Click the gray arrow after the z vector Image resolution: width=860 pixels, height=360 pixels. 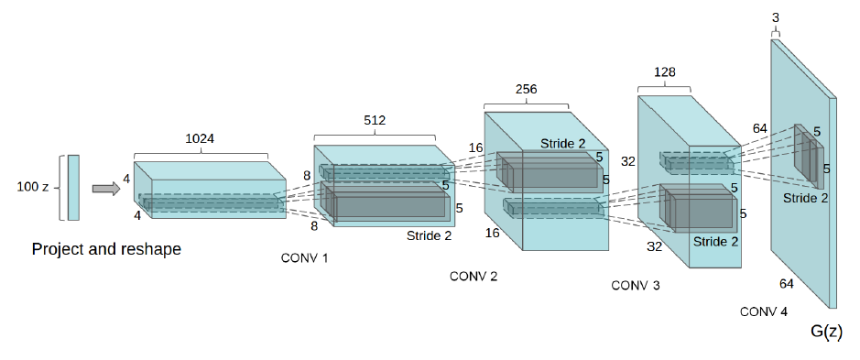click(106, 189)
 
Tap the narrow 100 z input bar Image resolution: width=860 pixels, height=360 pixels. click(73, 188)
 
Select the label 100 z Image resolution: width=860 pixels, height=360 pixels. click(33, 188)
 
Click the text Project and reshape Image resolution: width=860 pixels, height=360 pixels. click(106, 249)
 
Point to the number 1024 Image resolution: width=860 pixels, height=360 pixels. click(201, 139)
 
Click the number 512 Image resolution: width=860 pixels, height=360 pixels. click(376, 120)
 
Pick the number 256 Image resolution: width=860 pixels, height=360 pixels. click(526, 90)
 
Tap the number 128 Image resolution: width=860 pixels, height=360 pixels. click(664, 71)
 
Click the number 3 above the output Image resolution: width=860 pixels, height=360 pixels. click(775, 18)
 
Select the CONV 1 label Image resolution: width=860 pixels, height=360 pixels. click(304, 258)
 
